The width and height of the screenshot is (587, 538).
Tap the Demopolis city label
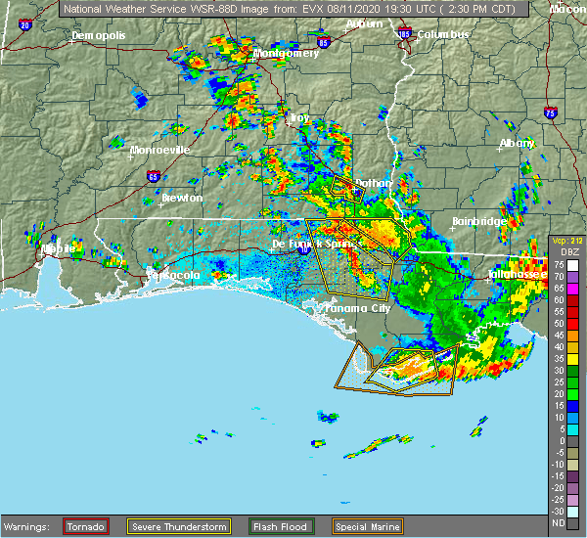pyautogui.click(x=99, y=36)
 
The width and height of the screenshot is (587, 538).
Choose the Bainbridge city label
pyautogui.click(x=478, y=221)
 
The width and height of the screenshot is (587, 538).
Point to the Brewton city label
pyautogui.click(x=182, y=198)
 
